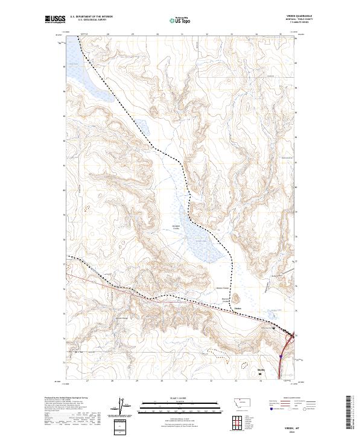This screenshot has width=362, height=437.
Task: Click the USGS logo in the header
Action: point(56,20)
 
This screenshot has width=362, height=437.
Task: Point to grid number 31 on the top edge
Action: point(182,34)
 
